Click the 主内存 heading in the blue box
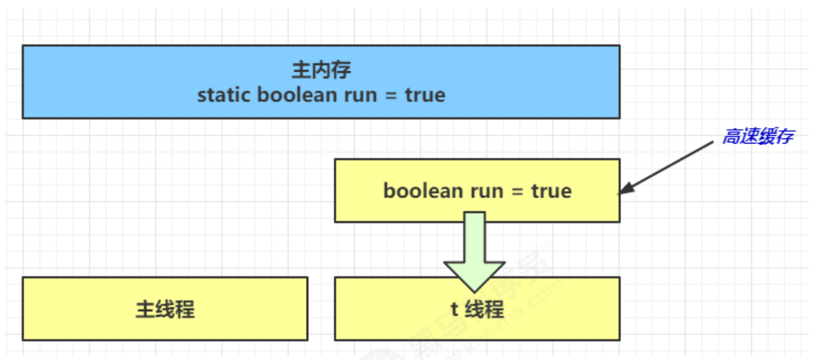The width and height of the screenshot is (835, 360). coord(321,70)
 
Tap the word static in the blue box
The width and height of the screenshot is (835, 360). coord(223,95)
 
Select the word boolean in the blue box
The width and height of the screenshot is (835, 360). coord(297,95)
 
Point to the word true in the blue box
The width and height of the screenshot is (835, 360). coord(425,95)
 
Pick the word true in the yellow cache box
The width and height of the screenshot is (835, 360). coord(551,191)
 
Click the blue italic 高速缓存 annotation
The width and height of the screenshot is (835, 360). coord(758,137)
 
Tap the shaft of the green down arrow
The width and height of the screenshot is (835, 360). coord(474,237)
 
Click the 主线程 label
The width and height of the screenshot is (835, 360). coord(165,309)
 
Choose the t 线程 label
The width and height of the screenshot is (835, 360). coord(477,309)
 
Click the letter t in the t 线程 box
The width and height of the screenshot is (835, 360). coord(454,309)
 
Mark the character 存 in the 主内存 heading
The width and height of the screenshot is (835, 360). coord(341,70)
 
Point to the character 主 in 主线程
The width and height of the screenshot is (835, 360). coord(145,309)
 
